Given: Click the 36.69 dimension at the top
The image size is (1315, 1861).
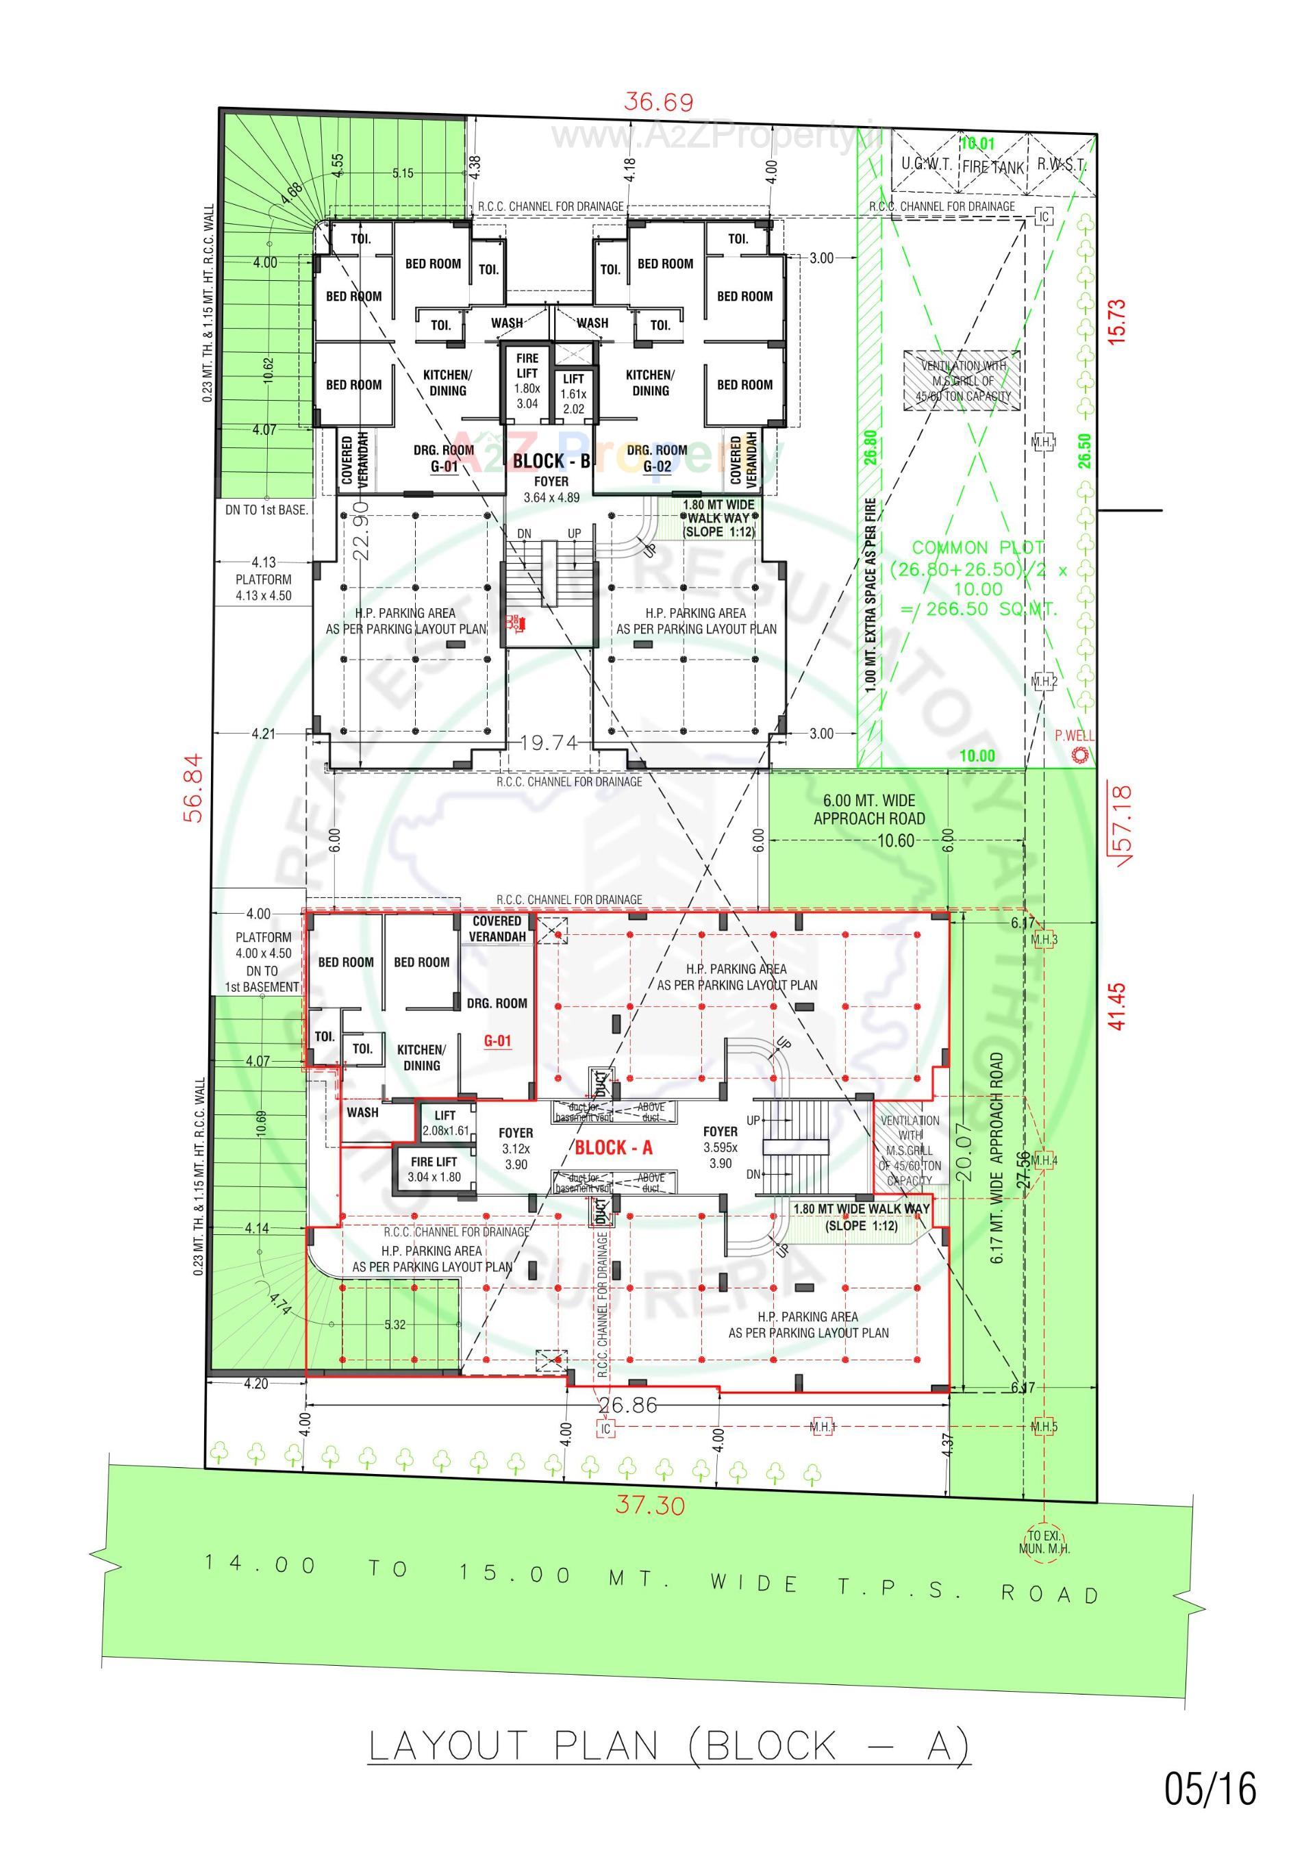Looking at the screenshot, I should [x=658, y=102].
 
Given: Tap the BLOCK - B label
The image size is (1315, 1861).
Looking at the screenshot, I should [x=551, y=460].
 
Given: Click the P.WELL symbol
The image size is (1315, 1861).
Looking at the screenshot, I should [x=1078, y=755].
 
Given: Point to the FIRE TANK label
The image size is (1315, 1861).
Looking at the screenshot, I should [x=993, y=168].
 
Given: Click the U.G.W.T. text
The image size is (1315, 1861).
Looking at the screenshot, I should [x=926, y=164].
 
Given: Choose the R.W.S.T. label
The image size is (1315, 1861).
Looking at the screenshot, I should [x=1060, y=164].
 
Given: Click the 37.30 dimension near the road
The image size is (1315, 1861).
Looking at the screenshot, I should [x=649, y=1506].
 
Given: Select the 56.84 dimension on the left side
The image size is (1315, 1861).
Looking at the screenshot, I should [x=193, y=788].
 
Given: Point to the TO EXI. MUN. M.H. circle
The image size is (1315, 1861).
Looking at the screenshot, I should [x=1044, y=1542].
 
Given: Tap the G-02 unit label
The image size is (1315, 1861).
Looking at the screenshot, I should [x=657, y=467].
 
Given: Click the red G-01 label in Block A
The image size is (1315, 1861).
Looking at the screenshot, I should [x=497, y=1040].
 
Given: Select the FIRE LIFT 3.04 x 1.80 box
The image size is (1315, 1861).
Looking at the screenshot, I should [x=434, y=1169].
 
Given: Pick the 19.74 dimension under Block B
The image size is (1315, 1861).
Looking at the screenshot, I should [x=549, y=742].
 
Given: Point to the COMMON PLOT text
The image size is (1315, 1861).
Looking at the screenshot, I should [x=978, y=548].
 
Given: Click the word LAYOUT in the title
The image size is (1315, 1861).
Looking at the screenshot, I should [x=449, y=1745].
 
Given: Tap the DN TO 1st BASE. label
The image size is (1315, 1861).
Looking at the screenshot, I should [x=266, y=510].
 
